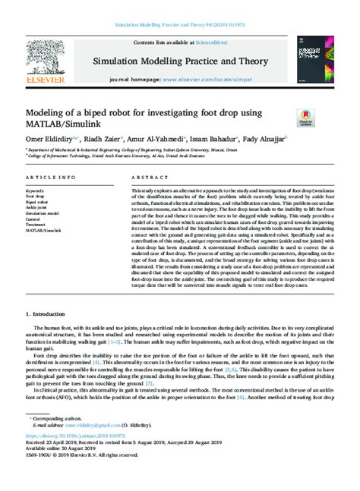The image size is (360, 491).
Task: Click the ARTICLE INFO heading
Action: coord(51,177)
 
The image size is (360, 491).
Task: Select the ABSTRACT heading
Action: coord(150,177)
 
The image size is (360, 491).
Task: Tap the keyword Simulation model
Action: coord(43,215)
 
